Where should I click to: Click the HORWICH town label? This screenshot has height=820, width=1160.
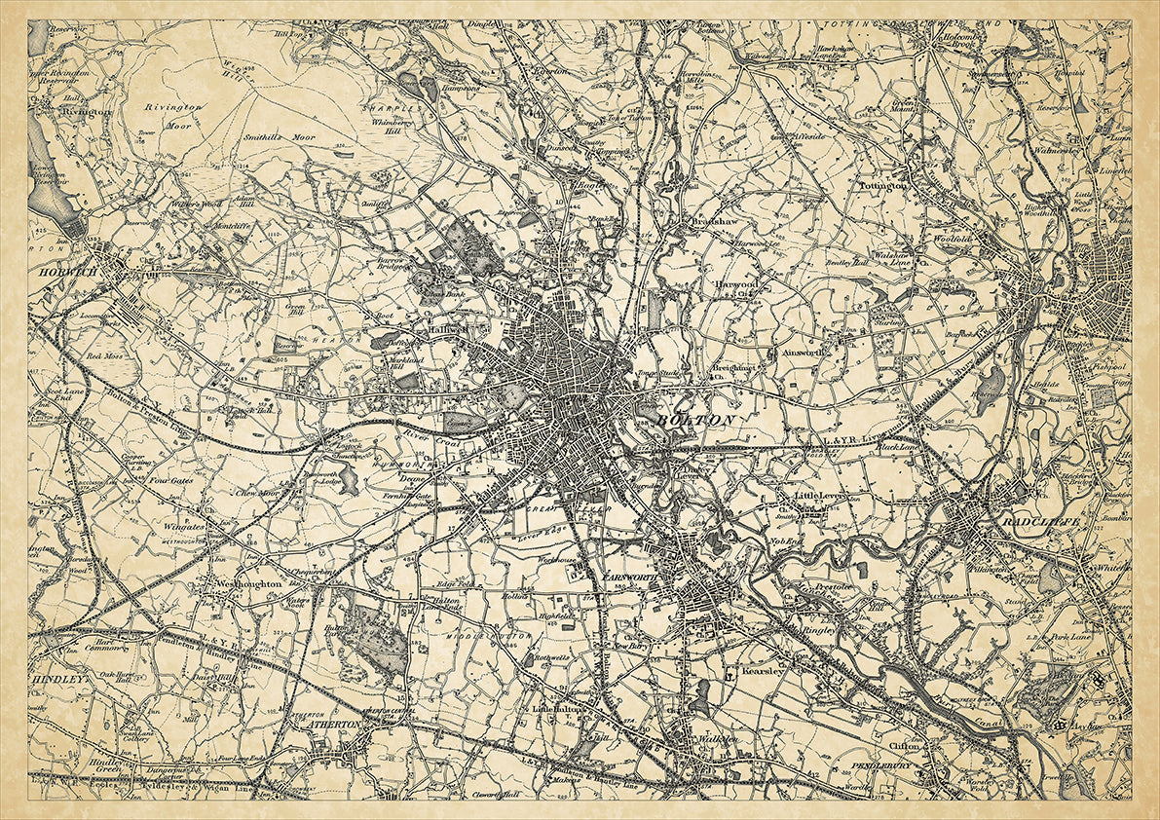coord(68,274)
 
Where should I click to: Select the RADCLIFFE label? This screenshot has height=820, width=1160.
coord(1028,519)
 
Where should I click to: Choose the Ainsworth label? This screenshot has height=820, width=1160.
coord(804,353)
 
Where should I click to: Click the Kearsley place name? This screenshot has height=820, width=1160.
coord(762,671)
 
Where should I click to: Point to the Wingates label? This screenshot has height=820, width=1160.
coord(184,527)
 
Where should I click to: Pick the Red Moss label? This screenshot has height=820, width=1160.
coord(104,356)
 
